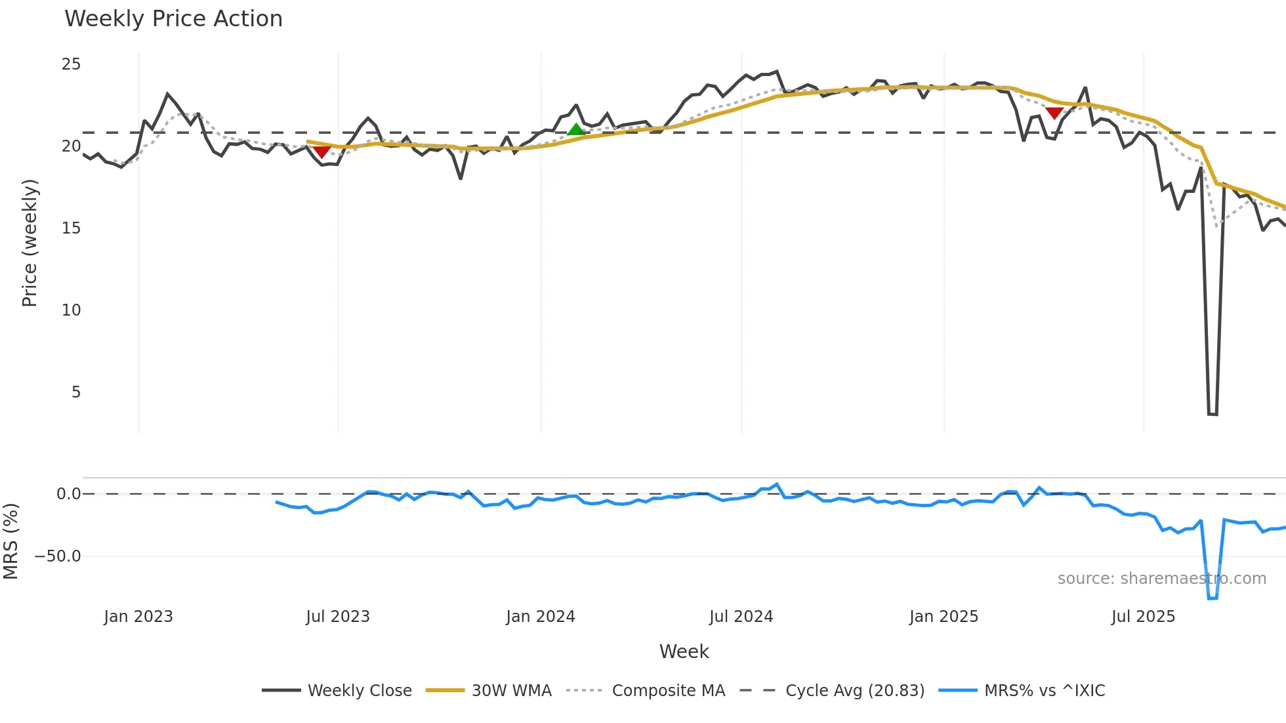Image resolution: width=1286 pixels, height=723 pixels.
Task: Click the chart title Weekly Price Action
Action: pos(173,19)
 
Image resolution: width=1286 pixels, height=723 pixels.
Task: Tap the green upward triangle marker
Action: pos(576,129)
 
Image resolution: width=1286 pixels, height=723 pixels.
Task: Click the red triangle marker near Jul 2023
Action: pos(321,152)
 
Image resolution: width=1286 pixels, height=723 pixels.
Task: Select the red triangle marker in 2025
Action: pos(1054,114)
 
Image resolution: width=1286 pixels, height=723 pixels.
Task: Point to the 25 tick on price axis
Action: pos(71,64)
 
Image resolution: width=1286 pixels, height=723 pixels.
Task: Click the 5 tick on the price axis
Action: pos(76,392)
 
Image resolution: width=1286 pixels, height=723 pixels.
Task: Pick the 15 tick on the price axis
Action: pos(71,228)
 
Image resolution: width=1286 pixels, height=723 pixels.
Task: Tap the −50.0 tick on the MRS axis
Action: pos(58,556)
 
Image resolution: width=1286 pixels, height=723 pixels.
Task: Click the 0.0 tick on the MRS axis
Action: pos(68,494)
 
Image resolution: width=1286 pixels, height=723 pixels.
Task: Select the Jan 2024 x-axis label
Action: pos(540,617)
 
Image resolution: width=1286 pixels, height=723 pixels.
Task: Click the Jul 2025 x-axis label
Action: pos(1143,617)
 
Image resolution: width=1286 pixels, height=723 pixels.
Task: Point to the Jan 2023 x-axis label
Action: pos(138,617)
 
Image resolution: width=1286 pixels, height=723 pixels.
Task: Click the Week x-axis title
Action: pos(684,651)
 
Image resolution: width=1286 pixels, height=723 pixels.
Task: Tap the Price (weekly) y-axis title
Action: pos(30,243)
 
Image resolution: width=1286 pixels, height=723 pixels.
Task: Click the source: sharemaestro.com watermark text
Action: pos(1161,579)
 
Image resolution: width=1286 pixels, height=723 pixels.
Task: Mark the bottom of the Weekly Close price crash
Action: pos(1213,414)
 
